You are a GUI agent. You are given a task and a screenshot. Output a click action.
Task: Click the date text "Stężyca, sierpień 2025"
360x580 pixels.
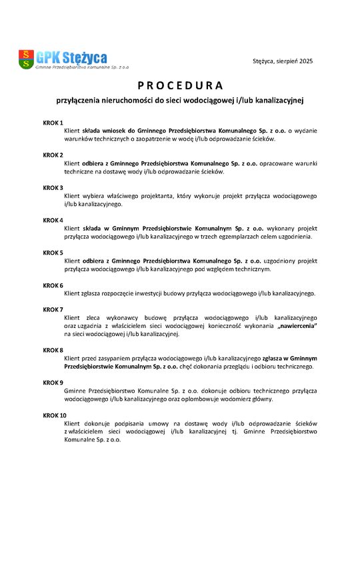(283, 61)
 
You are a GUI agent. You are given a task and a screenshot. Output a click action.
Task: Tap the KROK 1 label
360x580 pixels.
(53, 123)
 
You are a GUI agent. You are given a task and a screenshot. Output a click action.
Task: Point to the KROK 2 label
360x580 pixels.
(53, 155)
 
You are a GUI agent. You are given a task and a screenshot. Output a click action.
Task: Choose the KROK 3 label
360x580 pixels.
(53, 188)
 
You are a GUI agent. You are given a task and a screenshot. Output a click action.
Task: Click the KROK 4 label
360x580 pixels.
(53, 221)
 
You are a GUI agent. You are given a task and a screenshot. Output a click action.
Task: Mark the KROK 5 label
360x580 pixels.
(53, 253)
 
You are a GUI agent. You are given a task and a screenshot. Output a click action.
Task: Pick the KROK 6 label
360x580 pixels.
(53, 285)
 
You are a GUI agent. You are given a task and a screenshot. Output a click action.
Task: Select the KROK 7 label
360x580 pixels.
(53, 310)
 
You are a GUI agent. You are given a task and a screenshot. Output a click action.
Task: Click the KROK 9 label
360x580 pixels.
(53, 383)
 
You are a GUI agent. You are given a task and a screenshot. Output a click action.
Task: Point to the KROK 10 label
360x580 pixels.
(55, 415)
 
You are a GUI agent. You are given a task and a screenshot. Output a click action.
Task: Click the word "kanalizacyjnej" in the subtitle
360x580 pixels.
(276, 101)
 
